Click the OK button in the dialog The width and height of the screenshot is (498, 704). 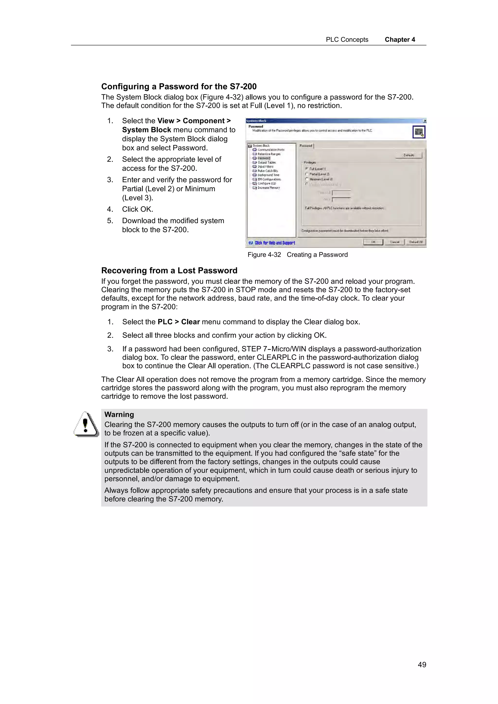[373, 242]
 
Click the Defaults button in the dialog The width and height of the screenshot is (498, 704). [409, 155]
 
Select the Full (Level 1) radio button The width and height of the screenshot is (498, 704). [307, 169]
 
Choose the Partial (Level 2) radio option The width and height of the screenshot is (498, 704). [307, 174]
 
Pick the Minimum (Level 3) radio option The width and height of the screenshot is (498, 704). [307, 179]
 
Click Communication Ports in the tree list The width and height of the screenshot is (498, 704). [271, 150]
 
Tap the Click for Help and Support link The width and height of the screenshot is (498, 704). [275, 243]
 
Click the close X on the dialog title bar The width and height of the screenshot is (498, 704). [425, 121]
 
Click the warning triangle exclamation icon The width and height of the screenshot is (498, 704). [86, 424]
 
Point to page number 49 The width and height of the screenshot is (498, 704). [422, 664]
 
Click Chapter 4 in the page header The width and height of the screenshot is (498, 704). [400, 40]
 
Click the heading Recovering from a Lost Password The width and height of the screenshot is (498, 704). [169, 270]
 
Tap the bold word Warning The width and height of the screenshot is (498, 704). [119, 414]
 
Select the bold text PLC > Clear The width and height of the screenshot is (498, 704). [178, 322]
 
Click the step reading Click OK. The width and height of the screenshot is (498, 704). [137, 209]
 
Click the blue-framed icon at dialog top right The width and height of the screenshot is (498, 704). [418, 132]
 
